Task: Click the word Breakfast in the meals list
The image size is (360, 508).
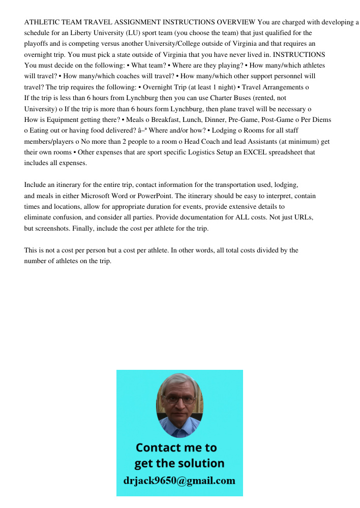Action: coord(162,120)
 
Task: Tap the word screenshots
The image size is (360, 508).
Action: coord(53,228)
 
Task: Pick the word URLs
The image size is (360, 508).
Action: coord(304,217)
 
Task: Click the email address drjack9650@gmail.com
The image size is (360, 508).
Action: coord(179,481)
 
